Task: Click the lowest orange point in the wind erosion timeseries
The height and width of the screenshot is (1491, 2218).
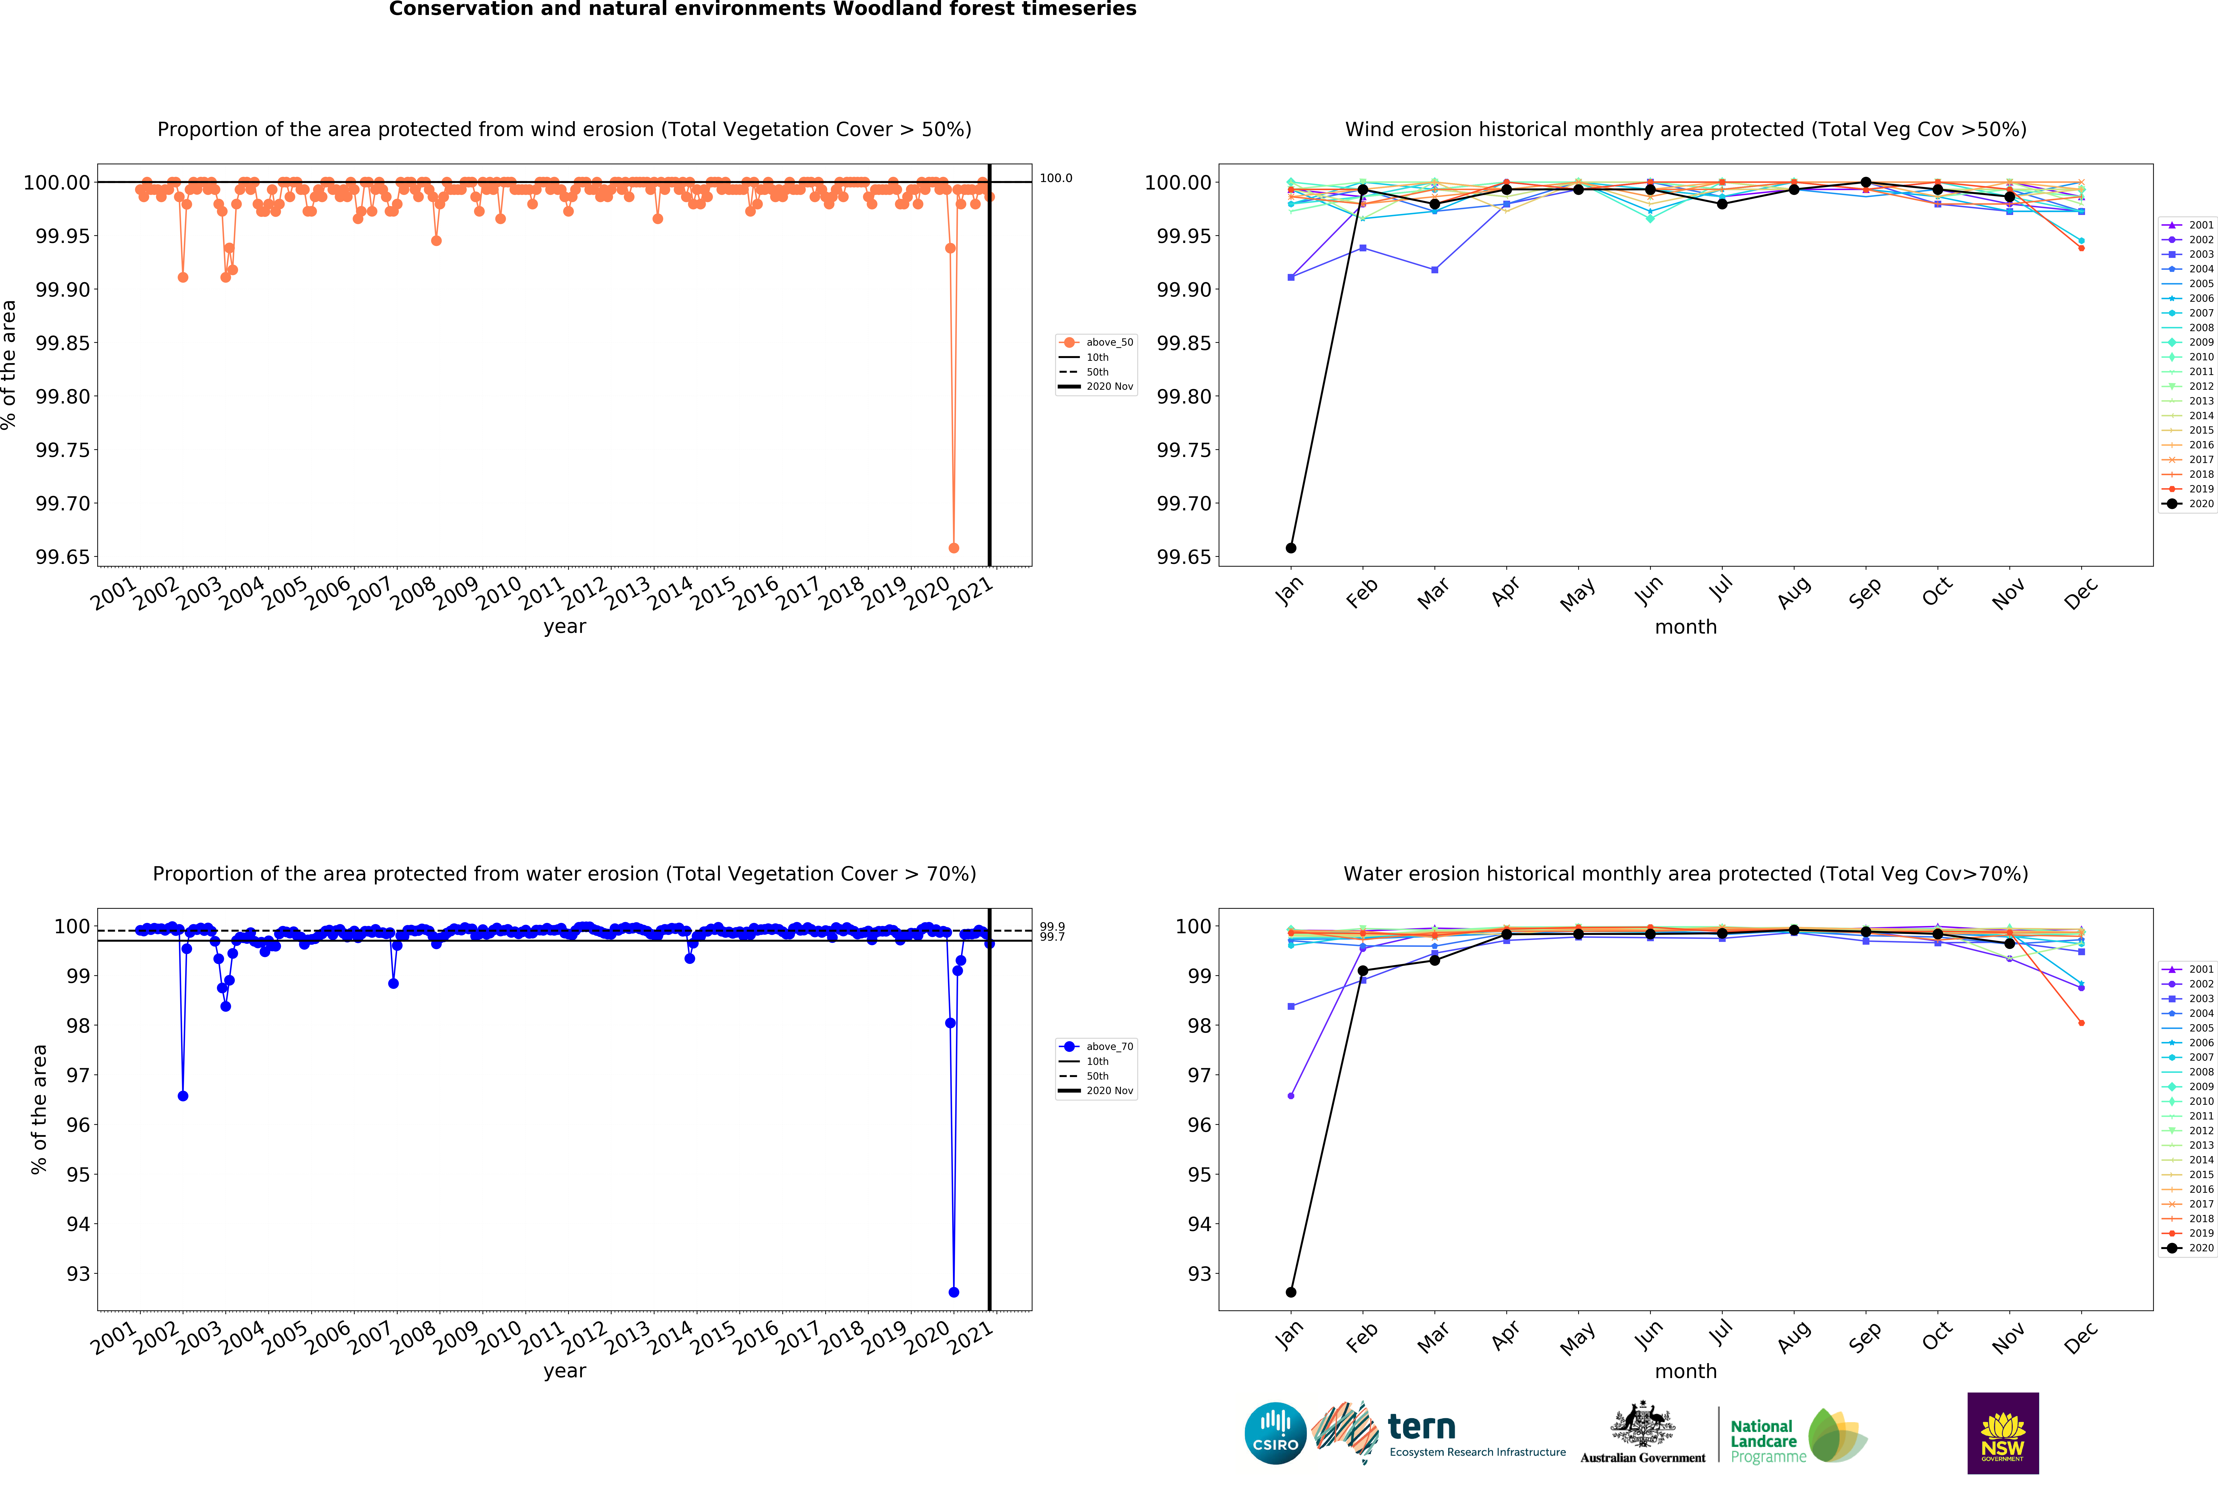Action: click(x=954, y=548)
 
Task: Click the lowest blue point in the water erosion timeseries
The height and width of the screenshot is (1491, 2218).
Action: click(x=954, y=1292)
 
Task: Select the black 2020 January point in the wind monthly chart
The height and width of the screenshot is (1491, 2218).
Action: click(x=1290, y=548)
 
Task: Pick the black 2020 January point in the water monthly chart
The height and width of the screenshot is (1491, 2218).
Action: click(x=1290, y=1292)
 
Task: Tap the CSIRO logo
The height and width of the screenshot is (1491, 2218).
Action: click(x=1275, y=1433)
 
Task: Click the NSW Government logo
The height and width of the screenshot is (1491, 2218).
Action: click(x=2002, y=1433)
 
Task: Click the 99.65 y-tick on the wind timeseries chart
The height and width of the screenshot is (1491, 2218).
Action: click(x=63, y=557)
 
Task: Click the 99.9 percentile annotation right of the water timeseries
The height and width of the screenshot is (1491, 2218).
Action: click(x=1053, y=926)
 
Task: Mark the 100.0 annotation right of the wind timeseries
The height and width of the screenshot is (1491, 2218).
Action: click(x=1055, y=178)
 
